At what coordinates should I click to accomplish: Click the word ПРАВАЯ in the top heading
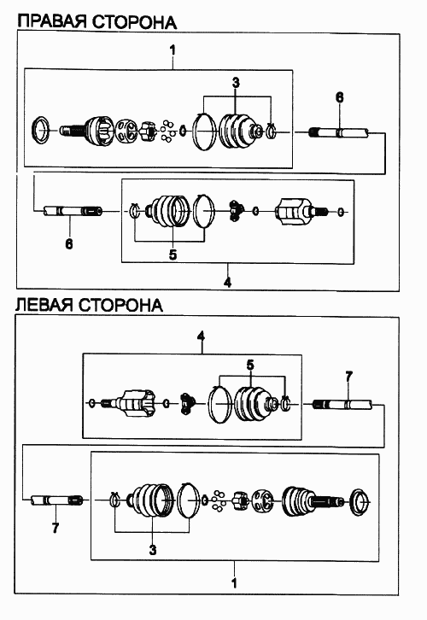[x=52, y=21]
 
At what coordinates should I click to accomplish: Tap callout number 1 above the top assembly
[x=173, y=50]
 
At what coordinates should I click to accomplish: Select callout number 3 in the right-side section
[x=236, y=83]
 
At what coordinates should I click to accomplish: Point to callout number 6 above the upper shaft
[x=340, y=97]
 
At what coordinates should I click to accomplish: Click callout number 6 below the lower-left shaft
[x=69, y=243]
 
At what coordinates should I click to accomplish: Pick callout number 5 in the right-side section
[x=173, y=254]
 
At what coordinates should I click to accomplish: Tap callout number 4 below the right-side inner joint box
[x=227, y=283]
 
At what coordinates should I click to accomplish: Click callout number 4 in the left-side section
[x=202, y=336]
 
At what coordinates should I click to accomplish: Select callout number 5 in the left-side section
[x=250, y=365]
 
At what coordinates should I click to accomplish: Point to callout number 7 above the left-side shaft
[x=348, y=377]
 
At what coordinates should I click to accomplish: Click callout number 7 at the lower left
[x=56, y=528]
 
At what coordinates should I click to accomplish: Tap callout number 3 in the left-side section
[x=153, y=550]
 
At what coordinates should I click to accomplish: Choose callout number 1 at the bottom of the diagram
[x=234, y=582]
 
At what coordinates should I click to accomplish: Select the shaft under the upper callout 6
[x=338, y=133]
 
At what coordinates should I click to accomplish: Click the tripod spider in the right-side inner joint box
[x=235, y=210]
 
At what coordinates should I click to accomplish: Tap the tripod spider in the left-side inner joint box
[x=188, y=404]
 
